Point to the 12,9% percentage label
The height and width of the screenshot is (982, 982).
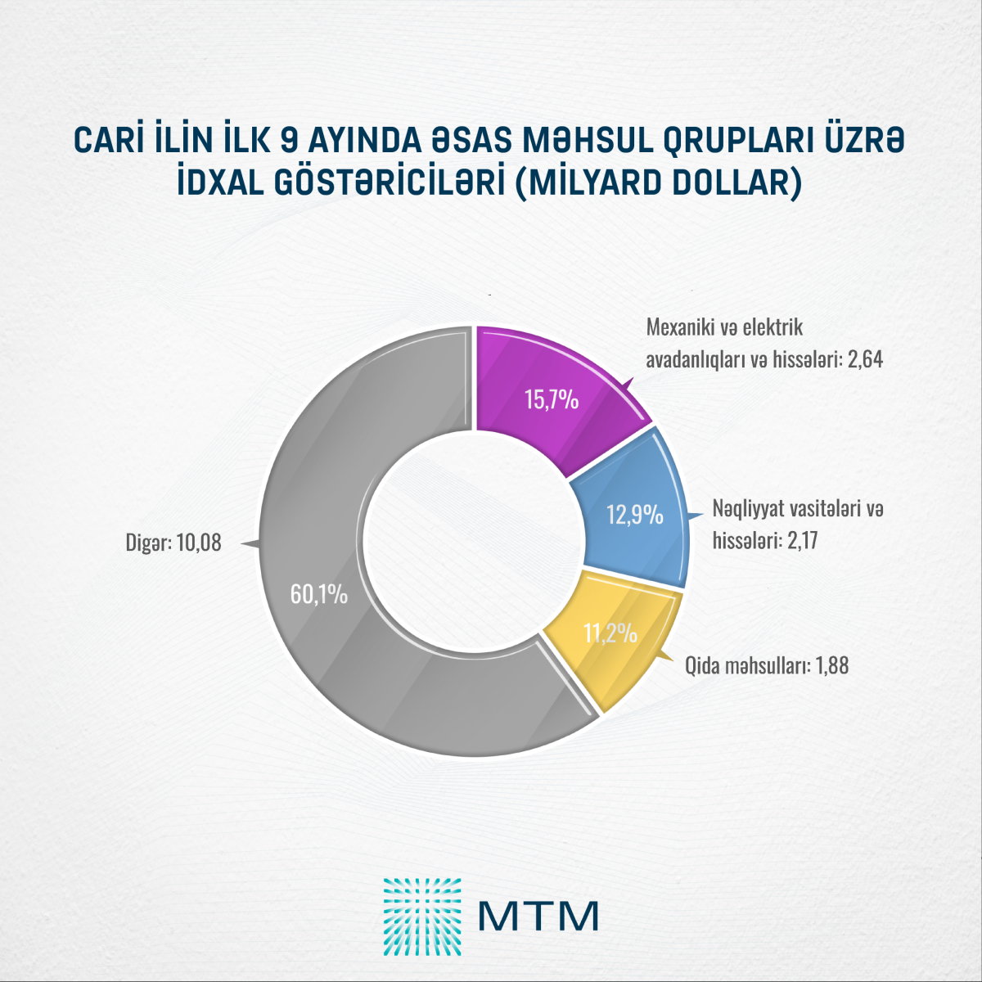click(634, 516)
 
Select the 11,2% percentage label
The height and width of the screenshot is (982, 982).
click(610, 633)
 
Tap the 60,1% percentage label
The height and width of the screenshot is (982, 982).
click(319, 594)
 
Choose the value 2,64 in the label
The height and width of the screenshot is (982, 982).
click(866, 360)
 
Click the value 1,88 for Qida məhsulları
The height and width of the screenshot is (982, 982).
click(831, 665)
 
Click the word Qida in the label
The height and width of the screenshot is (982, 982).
click(702, 665)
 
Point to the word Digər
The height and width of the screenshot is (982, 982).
click(145, 543)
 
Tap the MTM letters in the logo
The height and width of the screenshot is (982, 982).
click(538, 917)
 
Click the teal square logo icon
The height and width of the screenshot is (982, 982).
click(422, 917)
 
